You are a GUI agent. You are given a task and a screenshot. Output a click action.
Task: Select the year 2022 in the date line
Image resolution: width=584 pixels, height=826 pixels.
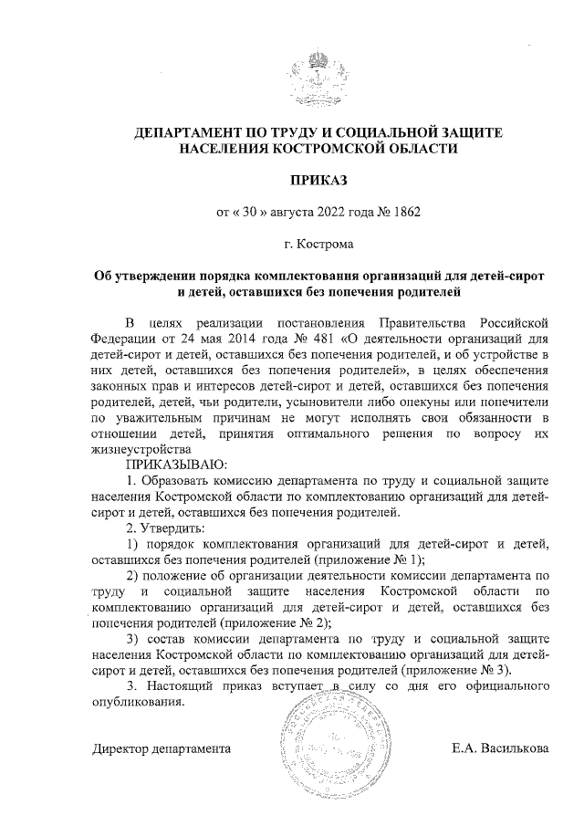pyautogui.click(x=331, y=212)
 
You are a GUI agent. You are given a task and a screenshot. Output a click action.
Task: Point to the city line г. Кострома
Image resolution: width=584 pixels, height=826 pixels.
pyautogui.click(x=318, y=244)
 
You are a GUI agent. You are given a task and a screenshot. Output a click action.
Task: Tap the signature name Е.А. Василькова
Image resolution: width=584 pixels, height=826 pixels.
pyautogui.click(x=500, y=748)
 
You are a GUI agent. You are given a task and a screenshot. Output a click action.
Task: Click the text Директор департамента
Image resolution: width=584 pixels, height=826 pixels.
pyautogui.click(x=162, y=748)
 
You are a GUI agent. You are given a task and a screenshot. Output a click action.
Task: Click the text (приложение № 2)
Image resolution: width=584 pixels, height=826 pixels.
pyautogui.click(x=276, y=624)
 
